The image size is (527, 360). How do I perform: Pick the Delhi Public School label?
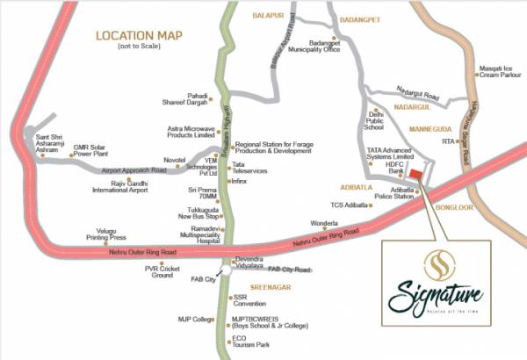(x=377, y=120)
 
